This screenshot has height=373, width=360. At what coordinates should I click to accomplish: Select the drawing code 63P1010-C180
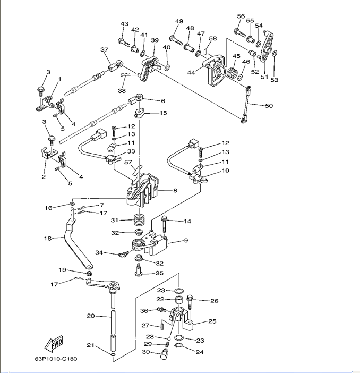56,359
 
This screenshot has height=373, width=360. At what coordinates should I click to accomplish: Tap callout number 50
269,106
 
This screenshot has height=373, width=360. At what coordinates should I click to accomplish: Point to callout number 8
175,190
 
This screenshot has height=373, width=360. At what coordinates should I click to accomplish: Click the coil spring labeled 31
139,219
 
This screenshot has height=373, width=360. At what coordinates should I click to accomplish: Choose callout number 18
47,239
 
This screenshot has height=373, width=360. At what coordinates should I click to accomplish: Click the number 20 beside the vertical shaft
90,316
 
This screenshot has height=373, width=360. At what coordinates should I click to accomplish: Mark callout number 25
212,321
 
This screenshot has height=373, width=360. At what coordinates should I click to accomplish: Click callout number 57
127,163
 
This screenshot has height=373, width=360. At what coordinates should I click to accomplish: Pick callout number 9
186,241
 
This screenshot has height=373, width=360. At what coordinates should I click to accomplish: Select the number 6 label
163,100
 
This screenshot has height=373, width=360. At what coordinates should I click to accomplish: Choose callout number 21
90,346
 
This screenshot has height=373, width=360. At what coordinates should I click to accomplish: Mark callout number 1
60,79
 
